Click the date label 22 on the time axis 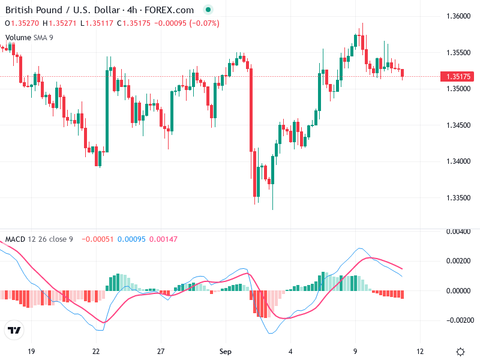coord(96,351)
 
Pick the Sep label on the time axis coord(225,351)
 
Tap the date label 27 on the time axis coord(160,351)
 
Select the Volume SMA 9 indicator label coord(29,38)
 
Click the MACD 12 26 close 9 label coord(39,239)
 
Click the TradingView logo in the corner coord(14,330)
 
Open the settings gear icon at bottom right coord(460,352)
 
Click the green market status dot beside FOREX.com coord(208,10)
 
